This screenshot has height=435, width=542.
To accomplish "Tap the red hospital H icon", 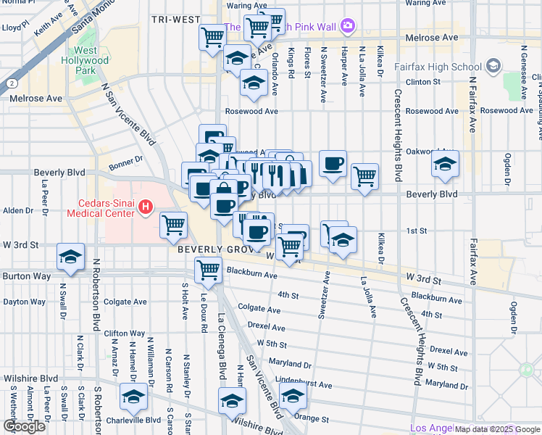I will (145, 208).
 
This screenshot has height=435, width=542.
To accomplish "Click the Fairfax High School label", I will (438, 67).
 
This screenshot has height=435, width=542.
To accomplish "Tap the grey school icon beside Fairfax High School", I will (493, 67).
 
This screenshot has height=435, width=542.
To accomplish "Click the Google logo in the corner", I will (24, 426).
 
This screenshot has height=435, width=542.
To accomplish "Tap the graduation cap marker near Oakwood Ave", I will (445, 164).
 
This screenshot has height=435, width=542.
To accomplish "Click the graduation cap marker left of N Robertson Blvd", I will (71, 258).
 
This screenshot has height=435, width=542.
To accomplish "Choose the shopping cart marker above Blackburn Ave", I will (209, 270).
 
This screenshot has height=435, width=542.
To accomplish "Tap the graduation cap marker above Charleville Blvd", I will (133, 397).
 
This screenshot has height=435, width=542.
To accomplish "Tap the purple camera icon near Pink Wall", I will (349, 26).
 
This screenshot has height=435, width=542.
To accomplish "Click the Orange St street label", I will (317, 418).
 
